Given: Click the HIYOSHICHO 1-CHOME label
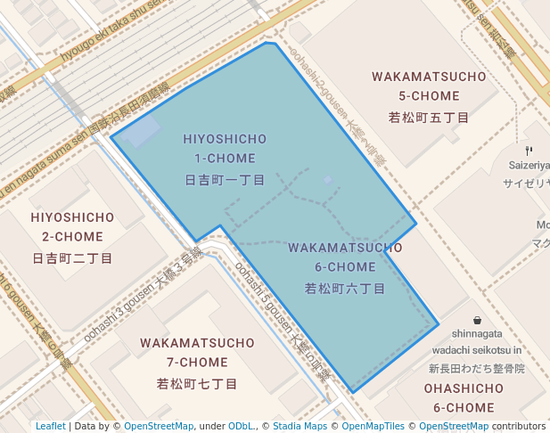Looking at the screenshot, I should [x=225, y=149].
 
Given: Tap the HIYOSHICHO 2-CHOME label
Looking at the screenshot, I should [x=72, y=227].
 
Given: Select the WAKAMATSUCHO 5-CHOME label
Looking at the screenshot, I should [x=430, y=86].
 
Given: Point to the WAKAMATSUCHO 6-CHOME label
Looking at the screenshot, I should [x=345, y=257].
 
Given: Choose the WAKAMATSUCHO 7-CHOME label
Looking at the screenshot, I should [x=197, y=352].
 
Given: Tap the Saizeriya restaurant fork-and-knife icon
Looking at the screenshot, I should [x=529, y=150].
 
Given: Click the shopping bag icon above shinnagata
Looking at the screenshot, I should [x=478, y=320].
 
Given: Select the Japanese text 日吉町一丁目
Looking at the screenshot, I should [x=225, y=180].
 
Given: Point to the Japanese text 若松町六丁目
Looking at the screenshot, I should [x=345, y=289].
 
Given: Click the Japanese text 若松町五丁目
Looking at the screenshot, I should [x=430, y=118].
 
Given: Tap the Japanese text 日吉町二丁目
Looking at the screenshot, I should [x=72, y=258].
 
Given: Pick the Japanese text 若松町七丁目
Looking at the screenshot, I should [x=197, y=384].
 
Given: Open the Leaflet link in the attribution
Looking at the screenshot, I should [x=51, y=427].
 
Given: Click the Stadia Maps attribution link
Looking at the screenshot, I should [x=300, y=427].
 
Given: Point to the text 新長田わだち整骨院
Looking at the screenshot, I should [x=476, y=368].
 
